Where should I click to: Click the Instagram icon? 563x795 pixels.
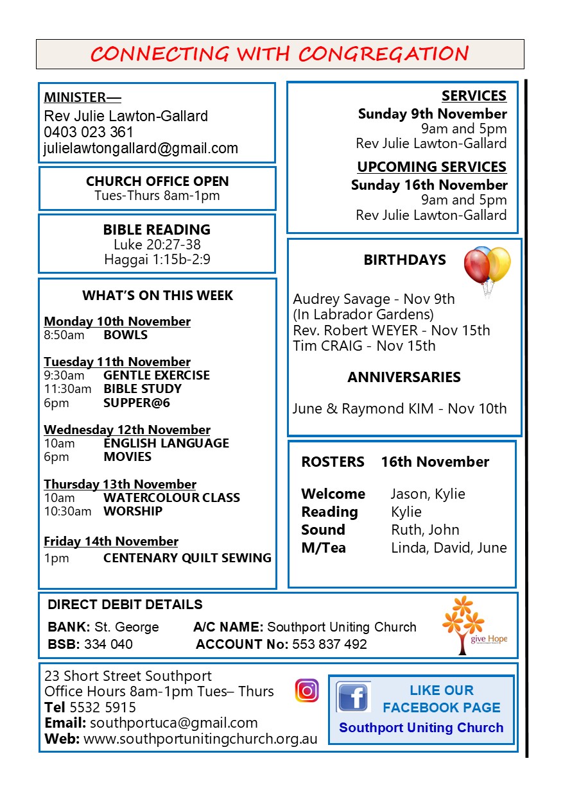(307, 690)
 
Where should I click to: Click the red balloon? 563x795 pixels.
(476, 266)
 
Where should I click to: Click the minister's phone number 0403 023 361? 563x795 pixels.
(89, 132)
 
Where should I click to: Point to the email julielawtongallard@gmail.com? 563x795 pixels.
(141, 148)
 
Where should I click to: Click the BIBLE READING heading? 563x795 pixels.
(157, 230)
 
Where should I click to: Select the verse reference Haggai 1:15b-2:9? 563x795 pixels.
(157, 260)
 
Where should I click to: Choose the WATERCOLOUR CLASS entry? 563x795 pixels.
(171, 498)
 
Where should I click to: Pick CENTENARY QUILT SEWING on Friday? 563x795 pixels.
(187, 558)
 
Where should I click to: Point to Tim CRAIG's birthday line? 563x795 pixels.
(364, 346)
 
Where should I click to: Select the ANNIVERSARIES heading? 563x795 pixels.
(404, 377)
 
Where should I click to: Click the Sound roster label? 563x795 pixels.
(323, 530)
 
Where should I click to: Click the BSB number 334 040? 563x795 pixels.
(108, 644)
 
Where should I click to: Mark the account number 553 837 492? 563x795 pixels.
(329, 644)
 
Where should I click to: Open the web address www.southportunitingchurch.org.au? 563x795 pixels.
(200, 739)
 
